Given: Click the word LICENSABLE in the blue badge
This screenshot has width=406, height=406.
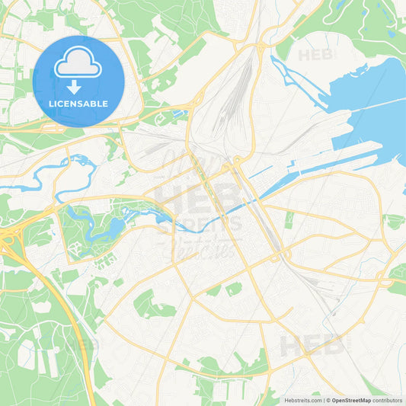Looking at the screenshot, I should point(78,103).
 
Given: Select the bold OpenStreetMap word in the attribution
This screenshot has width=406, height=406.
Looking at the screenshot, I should point(351,400).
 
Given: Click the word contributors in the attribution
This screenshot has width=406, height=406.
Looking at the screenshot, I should point(388,400).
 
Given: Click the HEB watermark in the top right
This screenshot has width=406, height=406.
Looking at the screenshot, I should point(315,55).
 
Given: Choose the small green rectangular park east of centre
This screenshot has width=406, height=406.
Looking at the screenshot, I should point(289,219).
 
